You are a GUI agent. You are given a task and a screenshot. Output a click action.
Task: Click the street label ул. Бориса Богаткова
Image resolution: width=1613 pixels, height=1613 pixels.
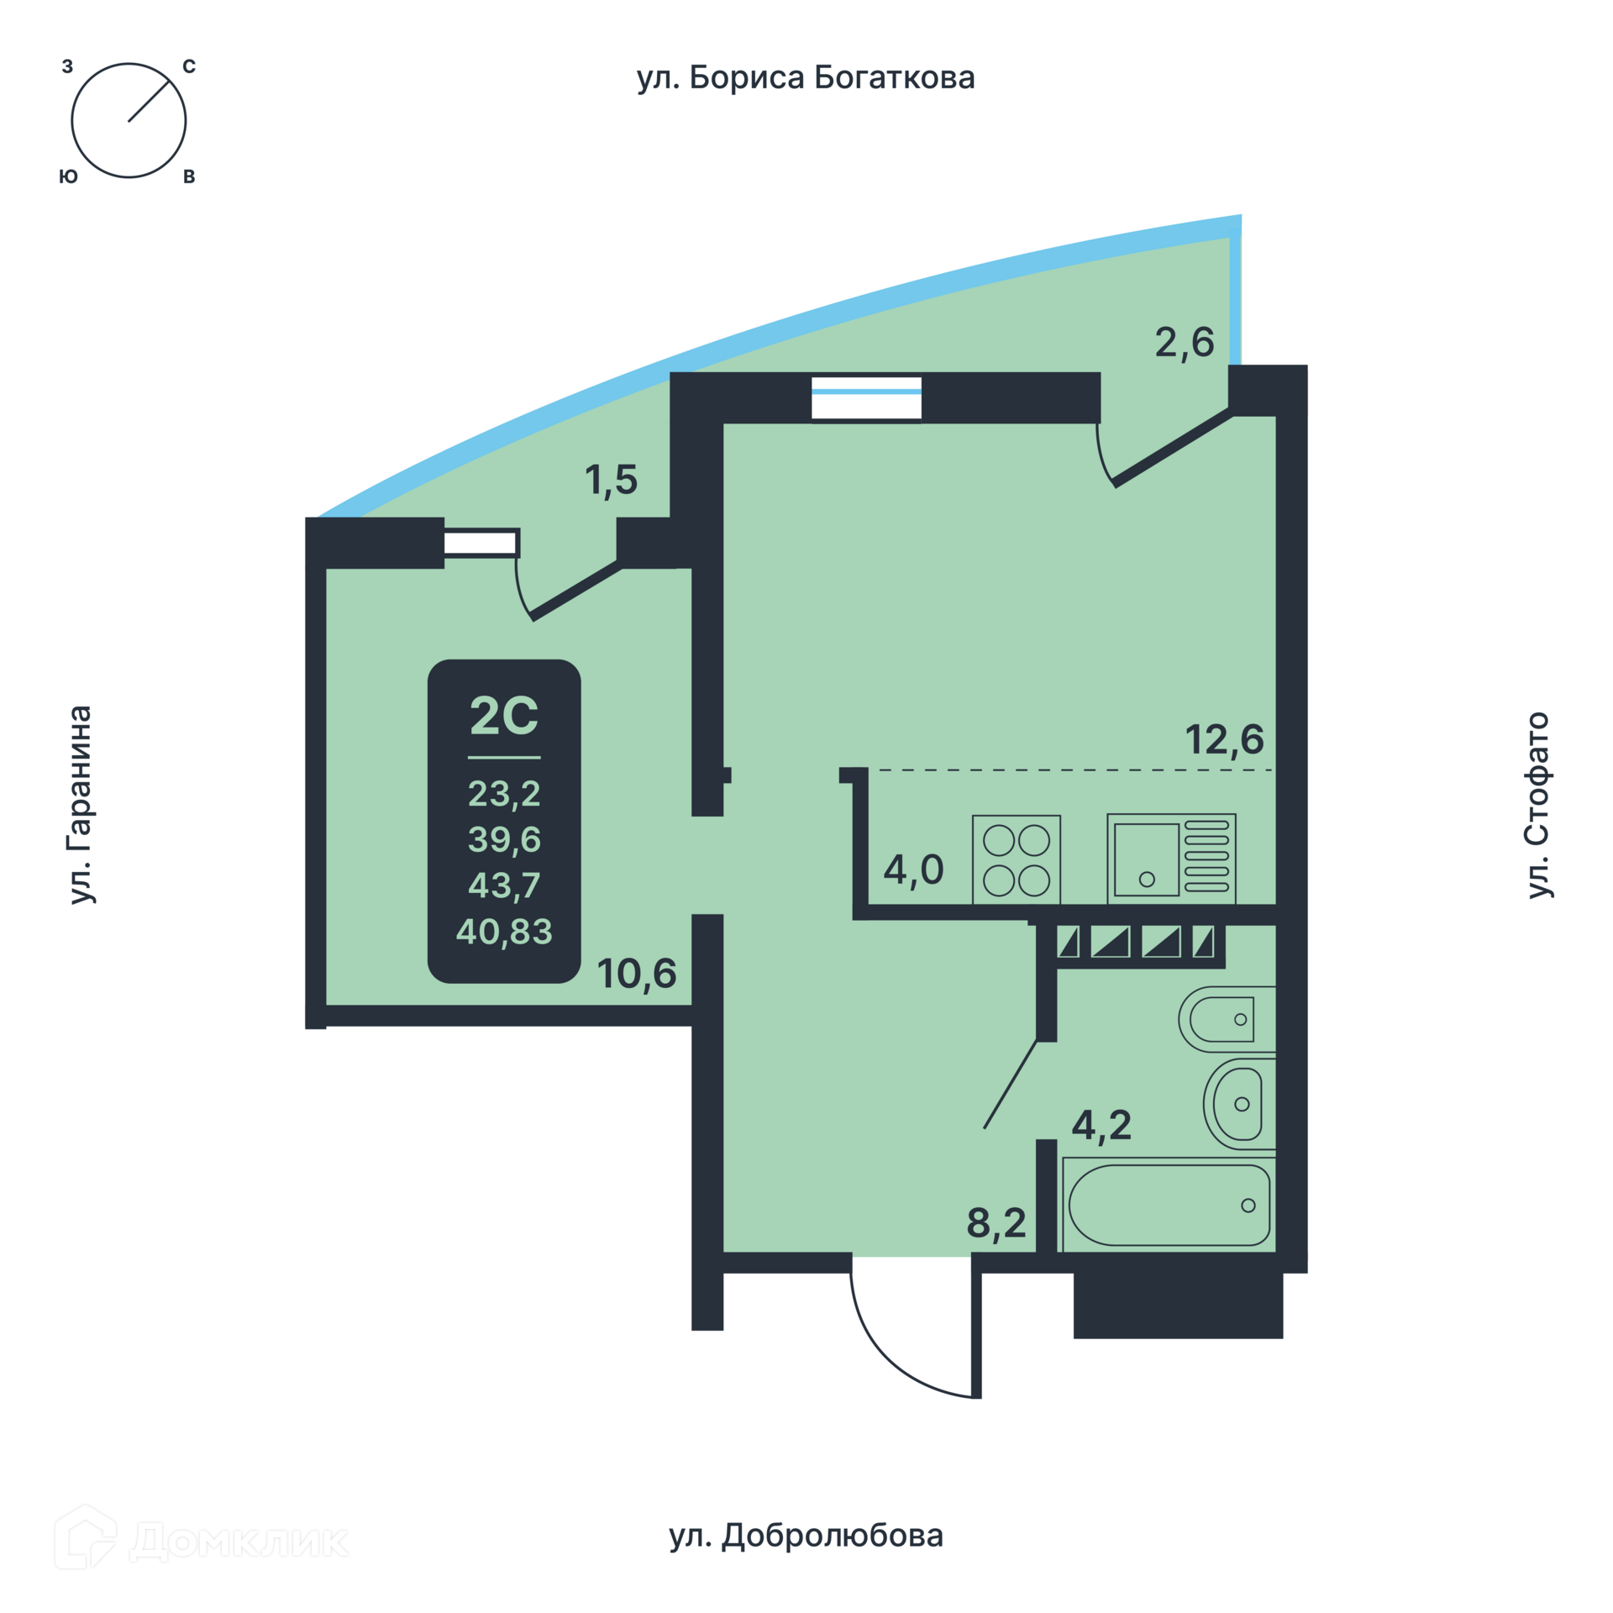tap(806, 78)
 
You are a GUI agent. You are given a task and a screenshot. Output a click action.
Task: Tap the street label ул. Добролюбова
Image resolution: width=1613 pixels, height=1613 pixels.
tap(806, 1535)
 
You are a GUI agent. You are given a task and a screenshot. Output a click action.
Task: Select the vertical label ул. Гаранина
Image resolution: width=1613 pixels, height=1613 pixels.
tap(81, 805)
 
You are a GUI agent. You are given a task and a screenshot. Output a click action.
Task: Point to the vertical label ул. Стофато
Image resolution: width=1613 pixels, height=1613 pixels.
tap(1538, 805)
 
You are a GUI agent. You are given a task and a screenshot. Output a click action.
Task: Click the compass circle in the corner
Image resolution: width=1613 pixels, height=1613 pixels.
tap(129, 120)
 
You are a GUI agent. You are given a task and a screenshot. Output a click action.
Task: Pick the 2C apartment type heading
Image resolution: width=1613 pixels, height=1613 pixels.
tap(504, 716)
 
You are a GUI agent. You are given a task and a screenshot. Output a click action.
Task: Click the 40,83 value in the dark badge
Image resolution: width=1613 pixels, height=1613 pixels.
tap(504, 931)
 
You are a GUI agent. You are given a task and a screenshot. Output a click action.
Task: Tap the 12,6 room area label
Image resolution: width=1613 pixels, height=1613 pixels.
tap(1224, 740)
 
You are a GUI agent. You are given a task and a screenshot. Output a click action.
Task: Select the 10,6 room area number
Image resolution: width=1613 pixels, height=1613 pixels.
tap(637, 974)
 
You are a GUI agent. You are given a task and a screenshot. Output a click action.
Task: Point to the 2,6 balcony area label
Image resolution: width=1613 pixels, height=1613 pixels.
tap(1185, 343)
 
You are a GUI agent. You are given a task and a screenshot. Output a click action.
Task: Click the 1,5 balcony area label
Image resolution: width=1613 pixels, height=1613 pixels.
tap(612, 481)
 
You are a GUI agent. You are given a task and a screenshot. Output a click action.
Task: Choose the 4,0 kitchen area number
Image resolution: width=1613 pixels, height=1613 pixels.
tap(914, 870)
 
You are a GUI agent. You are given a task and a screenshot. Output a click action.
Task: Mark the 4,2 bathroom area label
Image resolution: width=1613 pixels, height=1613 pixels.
tap(1101, 1124)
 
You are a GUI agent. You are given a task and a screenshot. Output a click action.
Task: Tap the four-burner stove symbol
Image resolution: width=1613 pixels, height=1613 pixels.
tap(1017, 859)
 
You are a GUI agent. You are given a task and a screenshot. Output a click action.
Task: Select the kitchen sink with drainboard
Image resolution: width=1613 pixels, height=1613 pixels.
tap(1171, 859)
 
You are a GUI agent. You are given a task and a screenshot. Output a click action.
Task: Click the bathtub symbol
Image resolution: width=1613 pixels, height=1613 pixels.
tap(1169, 1206)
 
